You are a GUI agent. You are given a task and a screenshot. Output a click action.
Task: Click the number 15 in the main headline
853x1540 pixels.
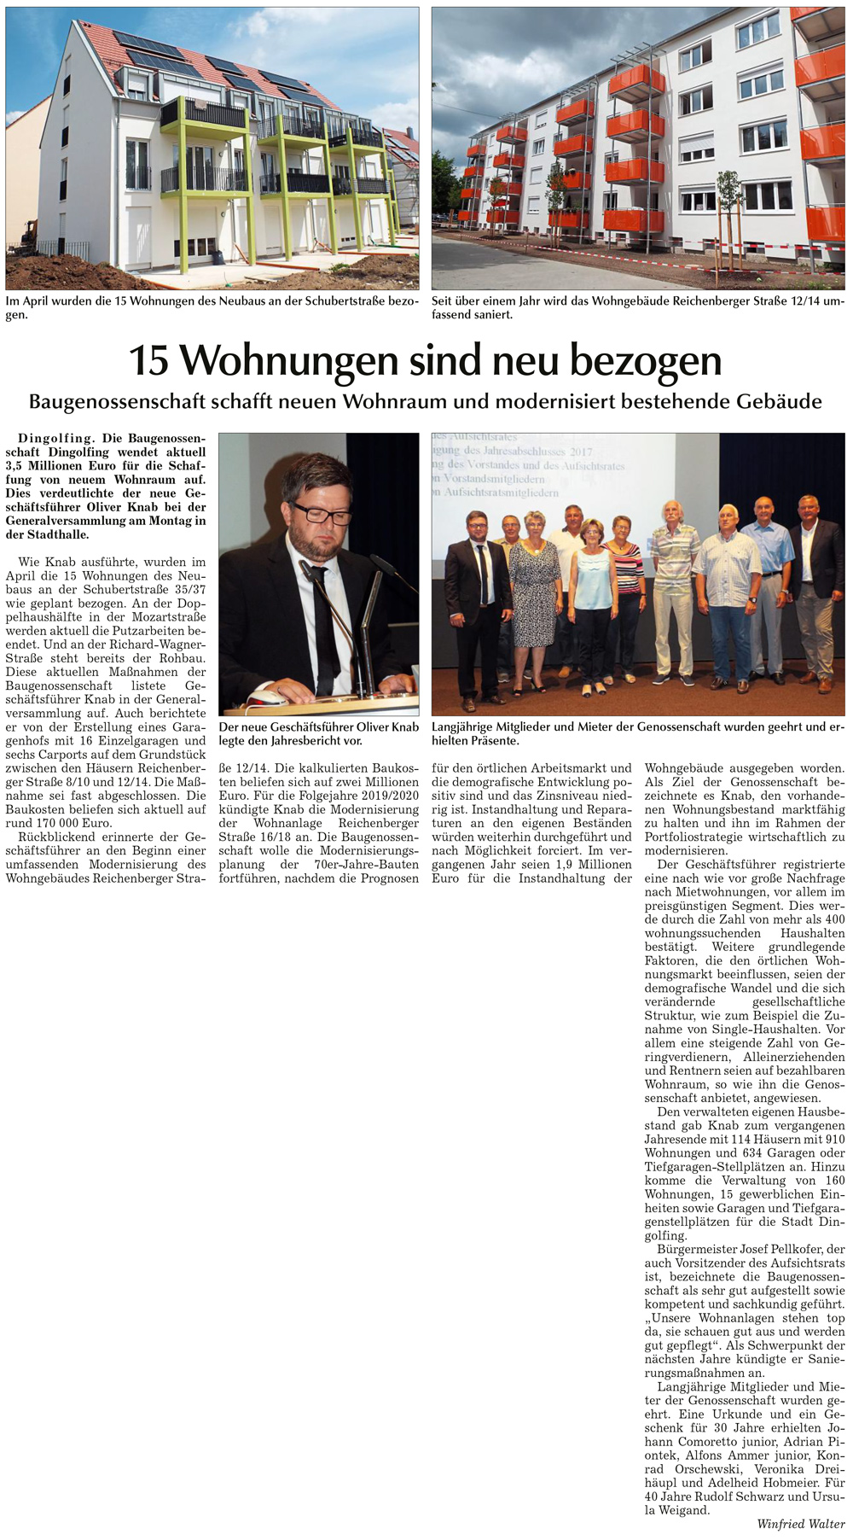[148, 361]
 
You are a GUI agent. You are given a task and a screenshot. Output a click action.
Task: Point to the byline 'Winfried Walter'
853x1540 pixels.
[800, 1524]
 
